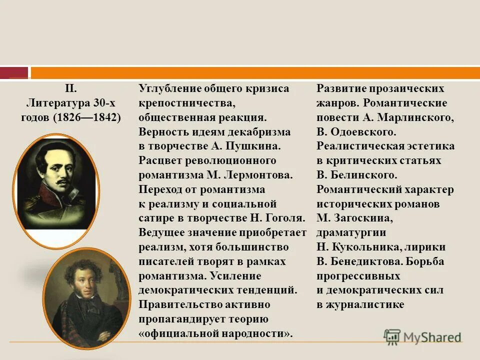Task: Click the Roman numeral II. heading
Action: [70, 89]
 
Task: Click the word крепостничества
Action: [186, 103]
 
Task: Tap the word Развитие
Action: [341, 89]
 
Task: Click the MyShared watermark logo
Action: [422, 336]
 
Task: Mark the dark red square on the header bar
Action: [14, 73]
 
